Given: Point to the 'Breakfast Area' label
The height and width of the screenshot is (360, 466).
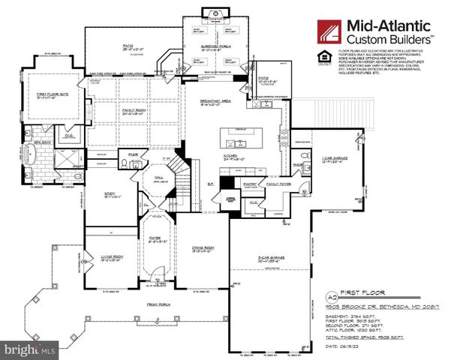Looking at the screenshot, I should (215, 102).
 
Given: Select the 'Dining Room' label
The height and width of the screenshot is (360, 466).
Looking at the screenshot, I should (206, 251).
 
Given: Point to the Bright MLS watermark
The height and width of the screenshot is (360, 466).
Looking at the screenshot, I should (30, 349).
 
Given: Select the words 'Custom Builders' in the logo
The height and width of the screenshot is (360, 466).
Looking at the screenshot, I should (388, 37).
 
